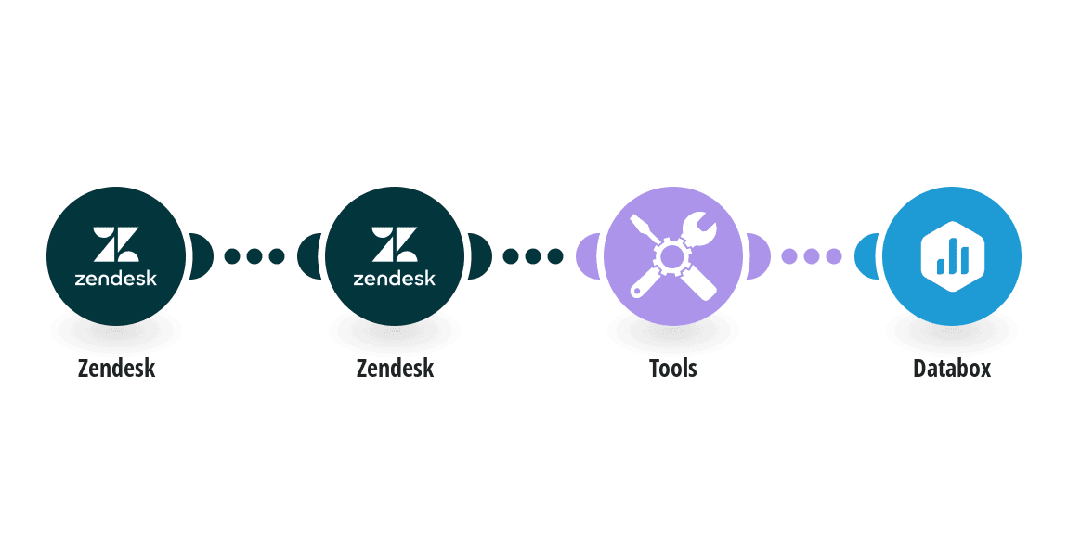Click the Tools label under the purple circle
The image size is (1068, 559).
(x=673, y=369)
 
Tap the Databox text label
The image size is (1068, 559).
(x=952, y=369)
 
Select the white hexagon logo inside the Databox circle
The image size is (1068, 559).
(x=952, y=256)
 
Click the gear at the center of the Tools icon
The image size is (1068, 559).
(x=671, y=256)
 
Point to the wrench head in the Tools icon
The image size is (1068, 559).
(x=698, y=227)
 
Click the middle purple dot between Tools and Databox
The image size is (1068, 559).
(x=812, y=256)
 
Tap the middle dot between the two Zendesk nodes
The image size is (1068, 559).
(x=254, y=256)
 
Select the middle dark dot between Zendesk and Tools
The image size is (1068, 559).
(x=533, y=256)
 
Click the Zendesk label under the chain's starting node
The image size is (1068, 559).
(x=116, y=369)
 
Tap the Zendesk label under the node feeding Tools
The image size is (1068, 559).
(x=395, y=369)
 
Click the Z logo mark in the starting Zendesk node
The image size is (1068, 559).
(x=116, y=244)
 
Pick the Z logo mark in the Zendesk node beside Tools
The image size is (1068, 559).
(x=395, y=244)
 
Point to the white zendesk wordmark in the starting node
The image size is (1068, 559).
(x=116, y=278)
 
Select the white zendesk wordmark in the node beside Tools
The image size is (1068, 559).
(x=395, y=278)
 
